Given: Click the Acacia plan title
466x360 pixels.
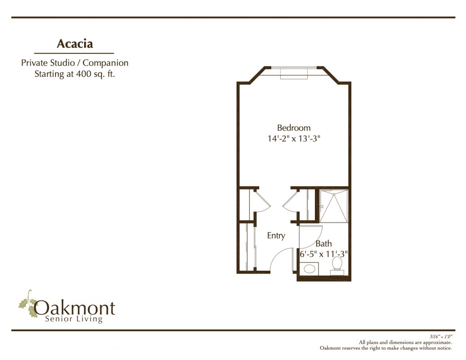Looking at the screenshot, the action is coord(75,44).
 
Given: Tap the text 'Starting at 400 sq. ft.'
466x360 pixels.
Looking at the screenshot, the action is coord(75,74).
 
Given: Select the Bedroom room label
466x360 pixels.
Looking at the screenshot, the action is coord(294,128).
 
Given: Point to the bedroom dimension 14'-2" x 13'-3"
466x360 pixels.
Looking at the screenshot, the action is coord(294,138).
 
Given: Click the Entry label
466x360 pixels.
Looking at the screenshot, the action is coord(276,236).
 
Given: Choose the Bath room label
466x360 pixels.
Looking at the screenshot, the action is coord(324,244).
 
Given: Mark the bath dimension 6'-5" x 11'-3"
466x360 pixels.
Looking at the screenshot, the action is coord(324,254).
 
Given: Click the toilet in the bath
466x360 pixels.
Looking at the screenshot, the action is coord(337,265).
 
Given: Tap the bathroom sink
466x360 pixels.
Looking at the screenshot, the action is coord(309,269).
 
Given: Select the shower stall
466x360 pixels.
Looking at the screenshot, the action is coord(333,206).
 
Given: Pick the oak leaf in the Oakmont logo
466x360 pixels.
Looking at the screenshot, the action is coord(28,304).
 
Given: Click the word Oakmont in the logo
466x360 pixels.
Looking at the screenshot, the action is coord(74,308).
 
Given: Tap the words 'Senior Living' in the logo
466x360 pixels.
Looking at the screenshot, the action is coord(74,319).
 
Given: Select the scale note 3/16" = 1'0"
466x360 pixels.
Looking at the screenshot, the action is coord(441,337).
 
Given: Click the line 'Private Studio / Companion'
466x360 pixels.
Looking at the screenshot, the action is coord(75,63).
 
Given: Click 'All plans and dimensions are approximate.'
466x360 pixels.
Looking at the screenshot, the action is coord(405,342).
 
